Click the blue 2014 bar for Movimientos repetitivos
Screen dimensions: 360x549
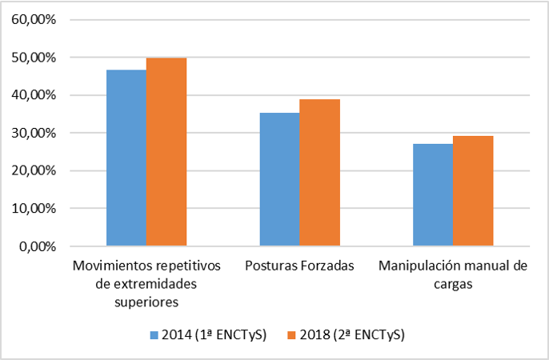tap(126, 158)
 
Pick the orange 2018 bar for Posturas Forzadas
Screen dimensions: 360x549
tap(319, 172)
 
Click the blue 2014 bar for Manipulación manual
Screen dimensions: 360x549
tap(432, 194)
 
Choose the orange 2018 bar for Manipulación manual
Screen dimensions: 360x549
tap(472, 190)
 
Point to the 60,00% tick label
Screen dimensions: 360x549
tap(34, 20)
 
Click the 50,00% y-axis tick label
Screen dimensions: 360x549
tap(34, 58)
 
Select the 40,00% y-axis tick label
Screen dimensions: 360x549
tap(34, 95)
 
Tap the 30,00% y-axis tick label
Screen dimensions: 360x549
tap(34, 133)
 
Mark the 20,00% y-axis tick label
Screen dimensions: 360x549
tap(34, 170)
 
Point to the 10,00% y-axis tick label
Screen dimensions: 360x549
tap(34, 208)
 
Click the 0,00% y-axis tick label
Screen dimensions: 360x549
tap(37, 246)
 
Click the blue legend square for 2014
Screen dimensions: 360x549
tap(154, 334)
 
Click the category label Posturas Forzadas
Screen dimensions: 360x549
tap(299, 266)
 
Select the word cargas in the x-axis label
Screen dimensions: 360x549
tap(452, 284)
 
